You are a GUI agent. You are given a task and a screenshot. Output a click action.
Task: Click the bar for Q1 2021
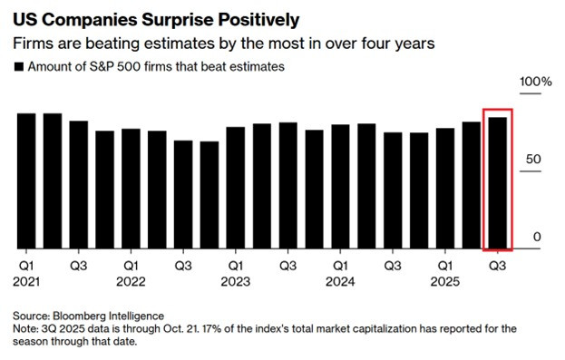[26, 180]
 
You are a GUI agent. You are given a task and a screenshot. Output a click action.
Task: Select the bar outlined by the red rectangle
[497, 182]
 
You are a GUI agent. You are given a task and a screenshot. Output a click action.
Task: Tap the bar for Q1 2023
[236, 188]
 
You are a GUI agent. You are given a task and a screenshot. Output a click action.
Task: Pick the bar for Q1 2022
[131, 189]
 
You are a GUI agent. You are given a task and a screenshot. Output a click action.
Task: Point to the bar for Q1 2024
[340, 187]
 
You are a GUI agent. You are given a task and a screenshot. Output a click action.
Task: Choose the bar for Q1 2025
[445, 188]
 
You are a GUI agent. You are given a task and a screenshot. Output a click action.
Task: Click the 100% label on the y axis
[535, 82]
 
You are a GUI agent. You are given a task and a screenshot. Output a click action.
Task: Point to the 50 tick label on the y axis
[533, 159]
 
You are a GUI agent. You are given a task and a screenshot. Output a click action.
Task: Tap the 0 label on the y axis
[537, 237]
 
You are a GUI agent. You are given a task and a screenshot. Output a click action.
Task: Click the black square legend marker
[19, 67]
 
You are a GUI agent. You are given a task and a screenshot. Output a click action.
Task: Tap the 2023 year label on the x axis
[236, 281]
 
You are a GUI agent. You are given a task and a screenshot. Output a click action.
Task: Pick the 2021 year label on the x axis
[26, 281]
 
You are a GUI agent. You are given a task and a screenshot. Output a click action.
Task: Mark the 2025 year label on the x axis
[445, 281]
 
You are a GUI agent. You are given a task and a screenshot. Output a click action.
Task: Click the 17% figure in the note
[207, 328]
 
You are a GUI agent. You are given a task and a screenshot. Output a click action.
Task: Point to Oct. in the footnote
[171, 328]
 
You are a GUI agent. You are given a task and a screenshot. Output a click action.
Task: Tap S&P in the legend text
[102, 67]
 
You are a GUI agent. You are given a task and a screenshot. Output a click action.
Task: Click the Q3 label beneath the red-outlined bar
[497, 266]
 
